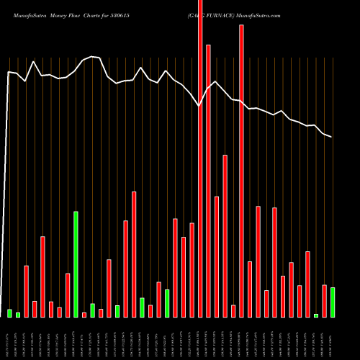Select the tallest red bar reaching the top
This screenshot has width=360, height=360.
pyautogui.click(x=200, y=158)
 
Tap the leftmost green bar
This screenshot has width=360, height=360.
pyautogui.click(x=10, y=313)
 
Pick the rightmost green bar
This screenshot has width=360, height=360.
pyautogui.click(x=333, y=302)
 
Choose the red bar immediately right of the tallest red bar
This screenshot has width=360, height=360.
pyautogui.click(x=208, y=181)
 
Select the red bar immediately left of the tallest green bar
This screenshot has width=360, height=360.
pyautogui.click(x=68, y=295)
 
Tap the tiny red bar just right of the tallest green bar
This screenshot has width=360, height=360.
pyautogui.click(x=84, y=315)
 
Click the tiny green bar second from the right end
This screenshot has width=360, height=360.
pyautogui.click(x=316, y=315)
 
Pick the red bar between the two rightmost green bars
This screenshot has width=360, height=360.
pyautogui.click(x=324, y=301)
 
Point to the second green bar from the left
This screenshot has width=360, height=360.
pyautogui.click(x=18, y=315)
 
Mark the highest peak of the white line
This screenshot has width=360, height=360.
pyautogui.click(x=92, y=56)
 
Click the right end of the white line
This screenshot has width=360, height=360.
pyautogui.click(x=332, y=137)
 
